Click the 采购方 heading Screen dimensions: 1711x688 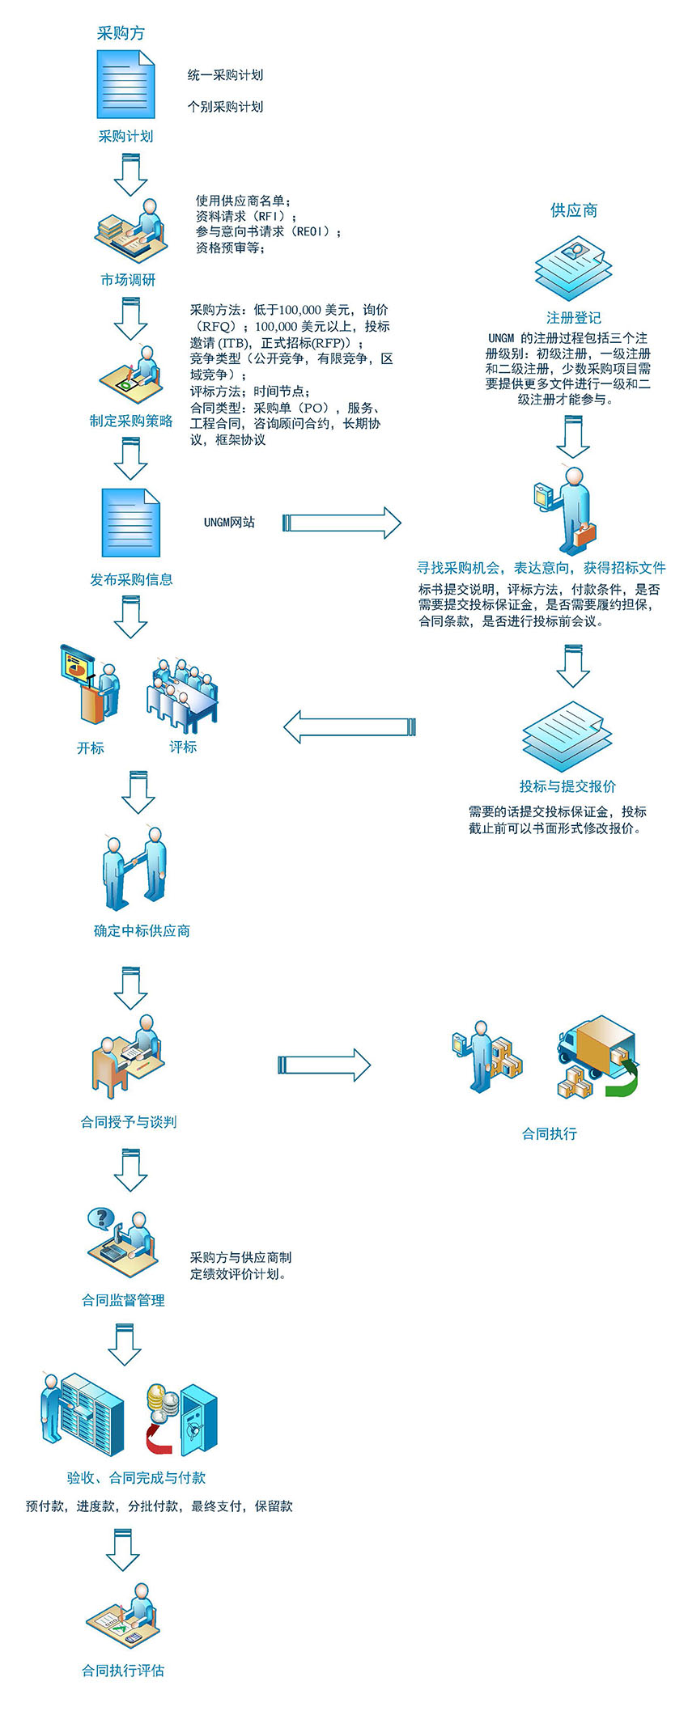121,33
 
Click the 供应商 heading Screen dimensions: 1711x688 573,210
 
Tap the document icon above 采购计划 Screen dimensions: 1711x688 125,84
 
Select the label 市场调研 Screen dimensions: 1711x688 128,280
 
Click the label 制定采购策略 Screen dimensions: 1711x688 131,421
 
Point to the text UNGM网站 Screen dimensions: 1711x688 229,523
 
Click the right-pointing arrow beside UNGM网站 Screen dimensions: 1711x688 342,523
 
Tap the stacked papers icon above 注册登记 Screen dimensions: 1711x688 573,269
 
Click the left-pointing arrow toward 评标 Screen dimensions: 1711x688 349,726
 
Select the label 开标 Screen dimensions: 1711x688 91,748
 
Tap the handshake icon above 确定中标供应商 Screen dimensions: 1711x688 134,868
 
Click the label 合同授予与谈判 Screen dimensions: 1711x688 129,1122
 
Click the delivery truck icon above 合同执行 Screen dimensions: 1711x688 597,1055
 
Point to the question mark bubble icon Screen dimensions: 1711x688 101,1218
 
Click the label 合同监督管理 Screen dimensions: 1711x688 123,1300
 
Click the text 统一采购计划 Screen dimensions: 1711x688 225,75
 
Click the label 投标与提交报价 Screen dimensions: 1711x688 567,786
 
